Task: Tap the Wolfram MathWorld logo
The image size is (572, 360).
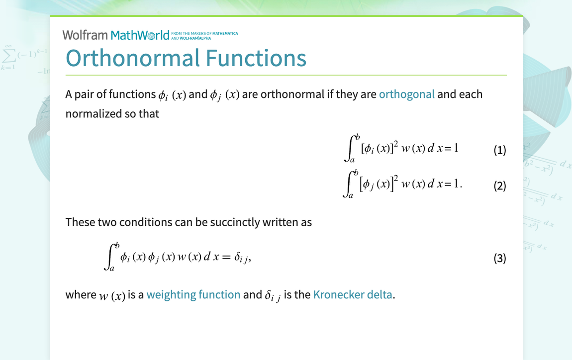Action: click(116, 35)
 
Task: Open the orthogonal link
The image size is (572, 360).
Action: click(407, 94)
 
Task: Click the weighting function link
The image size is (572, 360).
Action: click(193, 294)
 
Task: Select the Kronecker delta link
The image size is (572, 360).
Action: click(353, 294)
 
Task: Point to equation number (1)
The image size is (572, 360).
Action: click(500, 150)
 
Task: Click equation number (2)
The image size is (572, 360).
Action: click(500, 185)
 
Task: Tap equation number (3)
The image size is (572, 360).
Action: click(500, 258)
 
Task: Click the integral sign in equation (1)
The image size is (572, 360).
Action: click(350, 148)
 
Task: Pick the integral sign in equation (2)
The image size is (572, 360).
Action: click(348, 184)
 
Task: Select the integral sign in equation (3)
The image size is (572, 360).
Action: click(109, 257)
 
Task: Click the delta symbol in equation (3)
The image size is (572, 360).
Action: click(237, 257)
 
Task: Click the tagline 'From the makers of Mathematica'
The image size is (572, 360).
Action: click(204, 33)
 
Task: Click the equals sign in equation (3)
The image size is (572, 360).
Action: click(226, 257)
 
